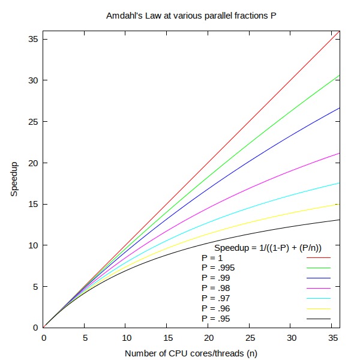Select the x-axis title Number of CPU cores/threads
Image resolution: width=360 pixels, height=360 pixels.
tap(191, 353)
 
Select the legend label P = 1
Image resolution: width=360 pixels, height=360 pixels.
tap(212, 258)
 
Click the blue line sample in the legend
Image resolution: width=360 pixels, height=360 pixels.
tap(319, 278)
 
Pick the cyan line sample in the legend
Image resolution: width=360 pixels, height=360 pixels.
tap(319, 299)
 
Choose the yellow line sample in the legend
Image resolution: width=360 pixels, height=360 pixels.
tap(319, 309)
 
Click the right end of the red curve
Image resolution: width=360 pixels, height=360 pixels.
tap(340, 31)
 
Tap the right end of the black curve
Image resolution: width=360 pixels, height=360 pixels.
tap(340, 220)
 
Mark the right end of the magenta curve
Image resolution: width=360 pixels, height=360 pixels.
tap(340, 153)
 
